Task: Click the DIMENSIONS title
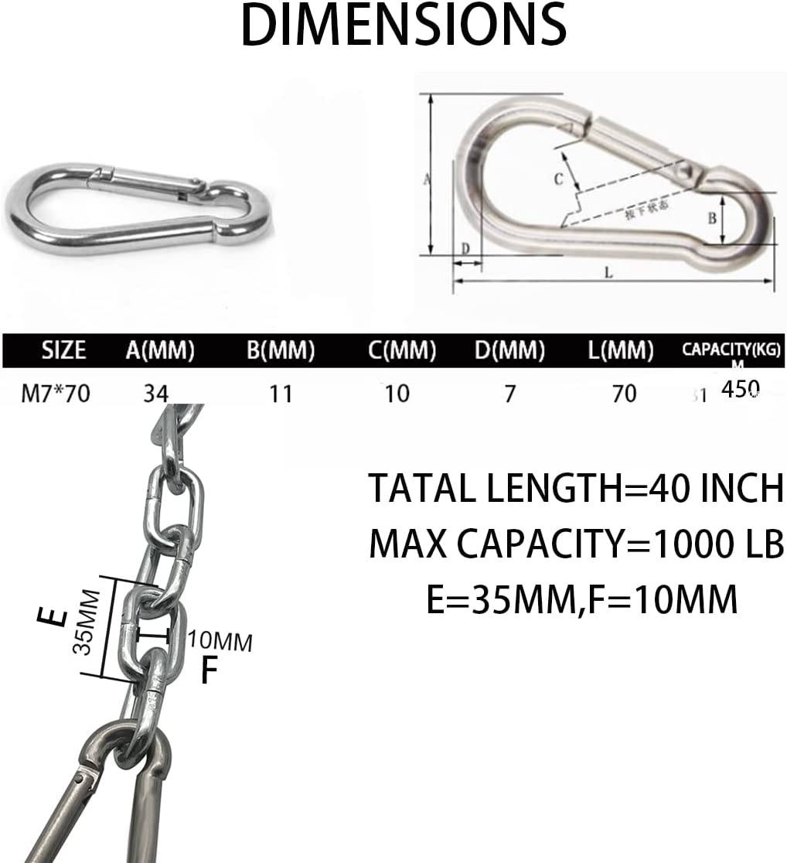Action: tap(404, 25)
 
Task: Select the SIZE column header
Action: tap(63, 350)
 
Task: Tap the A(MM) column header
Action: tap(160, 350)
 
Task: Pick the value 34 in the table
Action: tap(155, 394)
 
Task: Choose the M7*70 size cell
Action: tap(56, 394)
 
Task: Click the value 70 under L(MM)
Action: tap(623, 394)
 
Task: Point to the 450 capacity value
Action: tap(740, 389)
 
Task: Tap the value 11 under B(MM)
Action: tap(281, 394)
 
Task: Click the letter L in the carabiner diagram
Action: tap(608, 272)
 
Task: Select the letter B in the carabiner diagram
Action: tap(713, 219)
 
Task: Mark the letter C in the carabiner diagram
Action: tap(558, 179)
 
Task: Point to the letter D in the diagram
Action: tap(465, 248)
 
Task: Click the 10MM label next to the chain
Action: tap(220, 641)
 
